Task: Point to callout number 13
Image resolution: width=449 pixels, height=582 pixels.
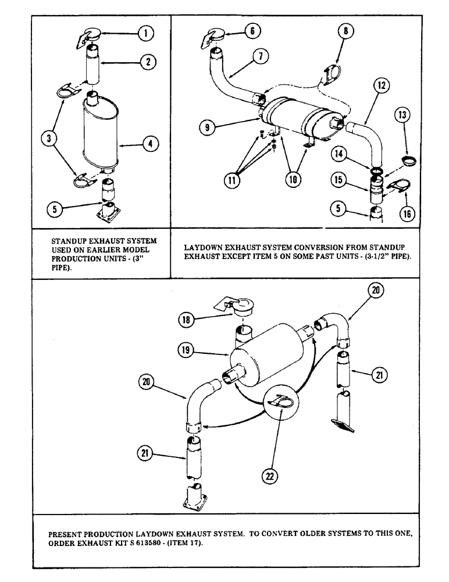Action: click(x=402, y=132)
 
